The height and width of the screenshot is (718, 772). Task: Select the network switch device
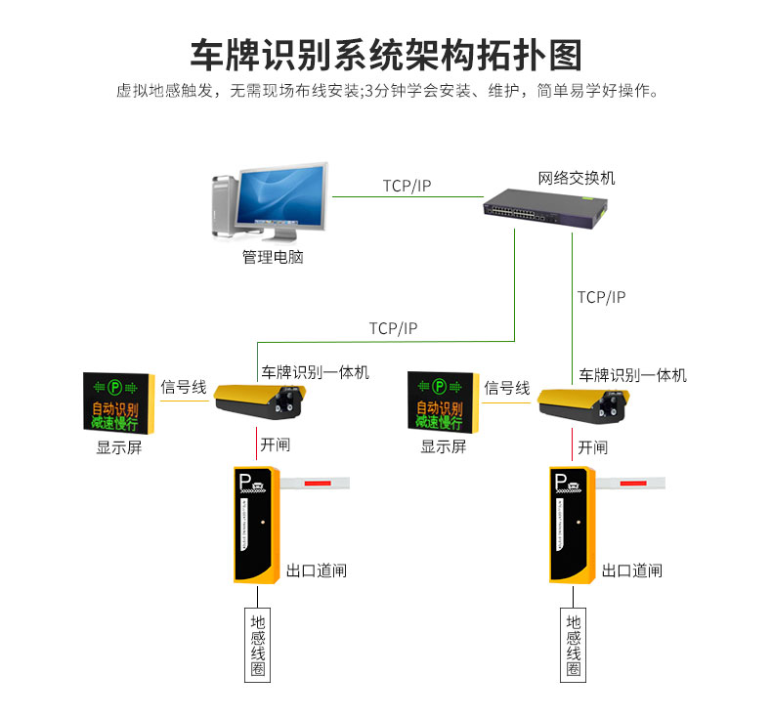[x=545, y=207]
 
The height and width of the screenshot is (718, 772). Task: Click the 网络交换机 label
[x=577, y=179]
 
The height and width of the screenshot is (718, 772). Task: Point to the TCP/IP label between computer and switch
[x=407, y=186]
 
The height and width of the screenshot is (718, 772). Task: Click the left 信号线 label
[x=184, y=388]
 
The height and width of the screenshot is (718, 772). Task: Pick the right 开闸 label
[x=592, y=447]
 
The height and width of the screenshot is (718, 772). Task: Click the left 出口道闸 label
[x=317, y=570]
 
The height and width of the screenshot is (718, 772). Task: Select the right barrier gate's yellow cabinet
[x=571, y=524]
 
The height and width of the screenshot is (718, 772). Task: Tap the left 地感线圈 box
[x=258, y=646]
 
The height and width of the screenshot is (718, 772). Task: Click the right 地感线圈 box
[x=574, y=646]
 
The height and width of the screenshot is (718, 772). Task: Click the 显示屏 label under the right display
[x=443, y=447]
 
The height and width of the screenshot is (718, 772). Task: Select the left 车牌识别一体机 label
[x=315, y=373]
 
